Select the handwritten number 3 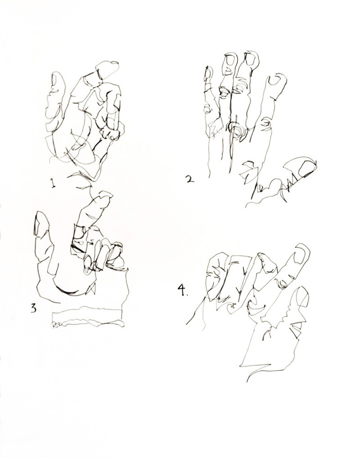pyautogui.click(x=33, y=308)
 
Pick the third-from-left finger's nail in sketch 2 pyautogui.click(x=251, y=60)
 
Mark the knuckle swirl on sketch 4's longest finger pyautogui.click(x=284, y=282)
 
